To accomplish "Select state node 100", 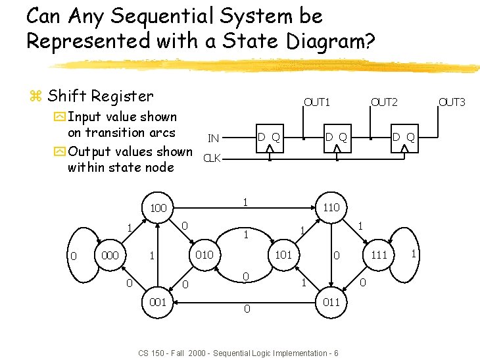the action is click(158, 208).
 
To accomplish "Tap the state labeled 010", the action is click(204, 254).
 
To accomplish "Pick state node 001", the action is click(157, 301).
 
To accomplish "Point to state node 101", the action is click(283, 254).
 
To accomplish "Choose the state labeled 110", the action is click(330, 207).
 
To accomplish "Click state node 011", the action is click(330, 302).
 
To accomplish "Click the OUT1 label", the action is click(316, 101).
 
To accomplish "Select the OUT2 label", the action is click(384, 101).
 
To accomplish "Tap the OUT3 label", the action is click(452, 101).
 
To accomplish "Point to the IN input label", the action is click(213, 138).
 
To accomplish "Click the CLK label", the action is click(212, 158).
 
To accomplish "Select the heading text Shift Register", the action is click(100, 96).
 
